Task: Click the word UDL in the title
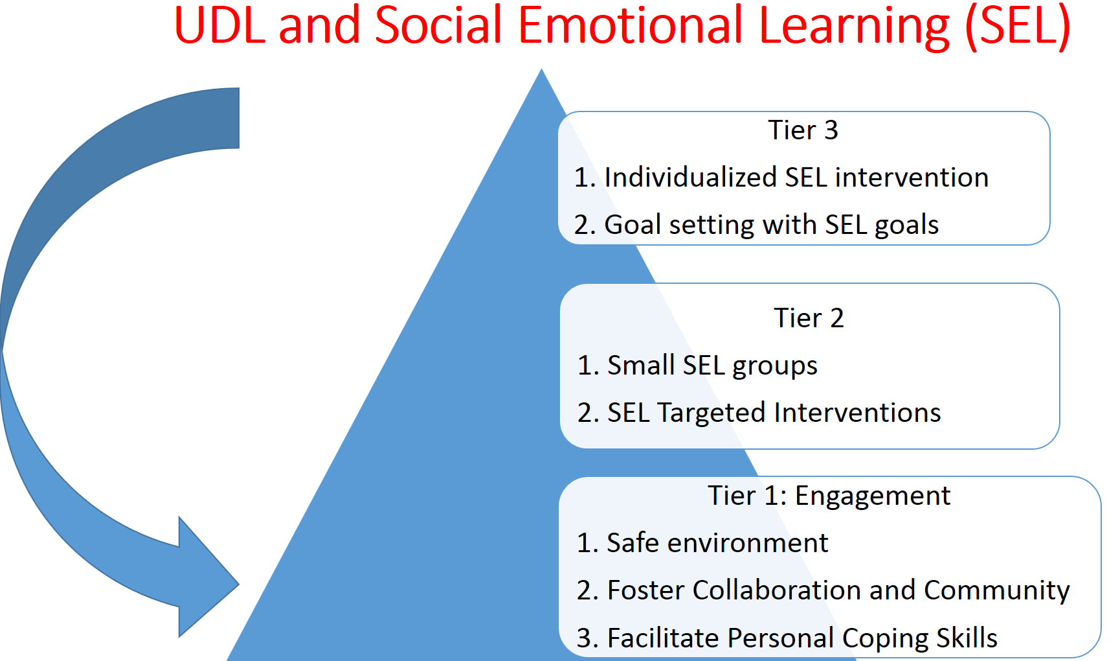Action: coord(219,25)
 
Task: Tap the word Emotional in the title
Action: coord(631,25)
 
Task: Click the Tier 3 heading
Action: coord(803,130)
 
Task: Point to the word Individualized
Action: coord(690,178)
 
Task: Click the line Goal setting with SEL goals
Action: coord(756,226)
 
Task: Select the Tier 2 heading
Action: coord(809,318)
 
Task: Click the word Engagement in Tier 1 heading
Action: coord(872,496)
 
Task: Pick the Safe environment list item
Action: coord(702,542)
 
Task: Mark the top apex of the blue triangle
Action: coord(541,69)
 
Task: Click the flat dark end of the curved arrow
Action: coord(239,118)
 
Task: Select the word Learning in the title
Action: coord(854,28)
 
